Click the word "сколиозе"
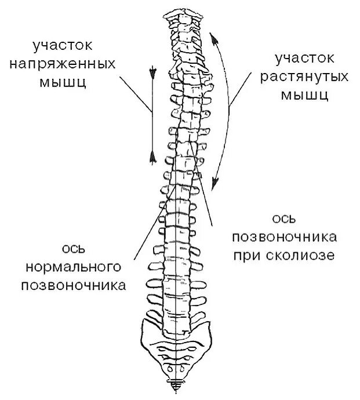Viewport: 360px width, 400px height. click(306, 255)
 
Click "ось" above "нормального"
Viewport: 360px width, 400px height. click(74, 249)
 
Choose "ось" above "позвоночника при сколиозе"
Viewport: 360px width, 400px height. click(284, 219)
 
